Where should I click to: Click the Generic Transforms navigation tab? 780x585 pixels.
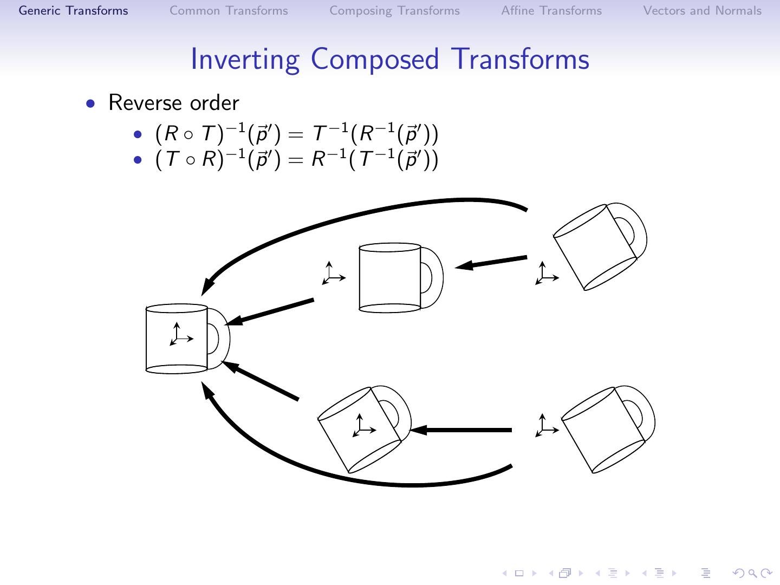[74, 11]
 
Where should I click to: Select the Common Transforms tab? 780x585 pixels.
[229, 11]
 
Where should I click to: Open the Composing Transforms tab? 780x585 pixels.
[394, 11]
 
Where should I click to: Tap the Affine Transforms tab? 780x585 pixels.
[551, 11]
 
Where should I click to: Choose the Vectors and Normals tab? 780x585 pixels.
[702, 11]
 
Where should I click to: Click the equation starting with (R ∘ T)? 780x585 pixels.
[296, 134]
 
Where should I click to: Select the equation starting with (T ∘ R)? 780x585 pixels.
[296, 160]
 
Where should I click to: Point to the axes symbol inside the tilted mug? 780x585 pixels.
[363, 426]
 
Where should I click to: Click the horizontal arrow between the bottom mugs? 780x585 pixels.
[460, 430]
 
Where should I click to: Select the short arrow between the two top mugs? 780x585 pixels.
[490, 262]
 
